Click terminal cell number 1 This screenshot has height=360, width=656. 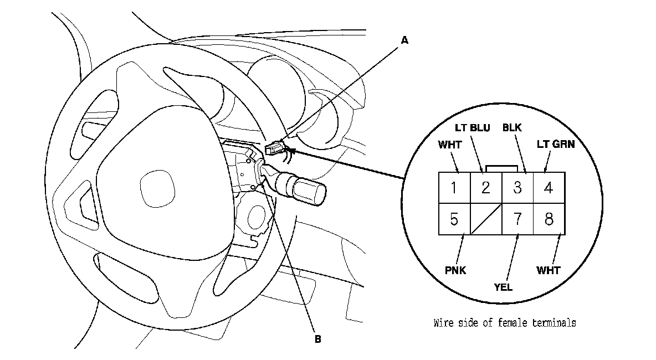(x=454, y=188)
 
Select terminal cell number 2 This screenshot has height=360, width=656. (x=486, y=188)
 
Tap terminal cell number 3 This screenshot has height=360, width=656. (x=517, y=188)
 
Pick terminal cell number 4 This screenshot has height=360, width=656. (x=549, y=188)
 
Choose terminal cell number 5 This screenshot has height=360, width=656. (x=454, y=219)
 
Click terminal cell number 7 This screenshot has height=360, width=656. (x=517, y=219)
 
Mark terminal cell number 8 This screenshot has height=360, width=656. (x=549, y=219)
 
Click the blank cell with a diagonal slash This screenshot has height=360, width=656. (x=486, y=219)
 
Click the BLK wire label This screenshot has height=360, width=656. (x=512, y=128)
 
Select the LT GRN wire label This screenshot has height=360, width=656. (x=555, y=146)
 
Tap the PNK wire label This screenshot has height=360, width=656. (x=455, y=271)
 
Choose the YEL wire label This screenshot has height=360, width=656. (x=503, y=287)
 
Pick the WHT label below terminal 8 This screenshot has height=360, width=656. (x=548, y=271)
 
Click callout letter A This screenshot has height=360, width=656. (x=404, y=40)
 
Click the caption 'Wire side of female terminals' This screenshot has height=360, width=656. (x=504, y=323)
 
